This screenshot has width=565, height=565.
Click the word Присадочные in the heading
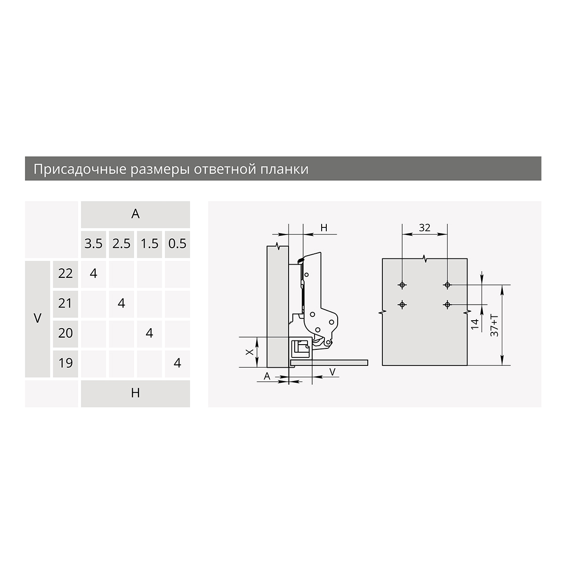(x=80, y=169)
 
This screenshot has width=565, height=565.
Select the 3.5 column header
(x=94, y=243)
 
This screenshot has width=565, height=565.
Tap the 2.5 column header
(x=121, y=243)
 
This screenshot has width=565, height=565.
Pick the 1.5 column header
(x=150, y=243)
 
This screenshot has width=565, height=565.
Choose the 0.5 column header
(x=178, y=243)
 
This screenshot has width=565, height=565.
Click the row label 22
(x=65, y=274)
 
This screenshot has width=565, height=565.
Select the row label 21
(x=65, y=304)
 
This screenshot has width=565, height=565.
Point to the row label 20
(x=65, y=333)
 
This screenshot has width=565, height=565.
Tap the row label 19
(x=65, y=363)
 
